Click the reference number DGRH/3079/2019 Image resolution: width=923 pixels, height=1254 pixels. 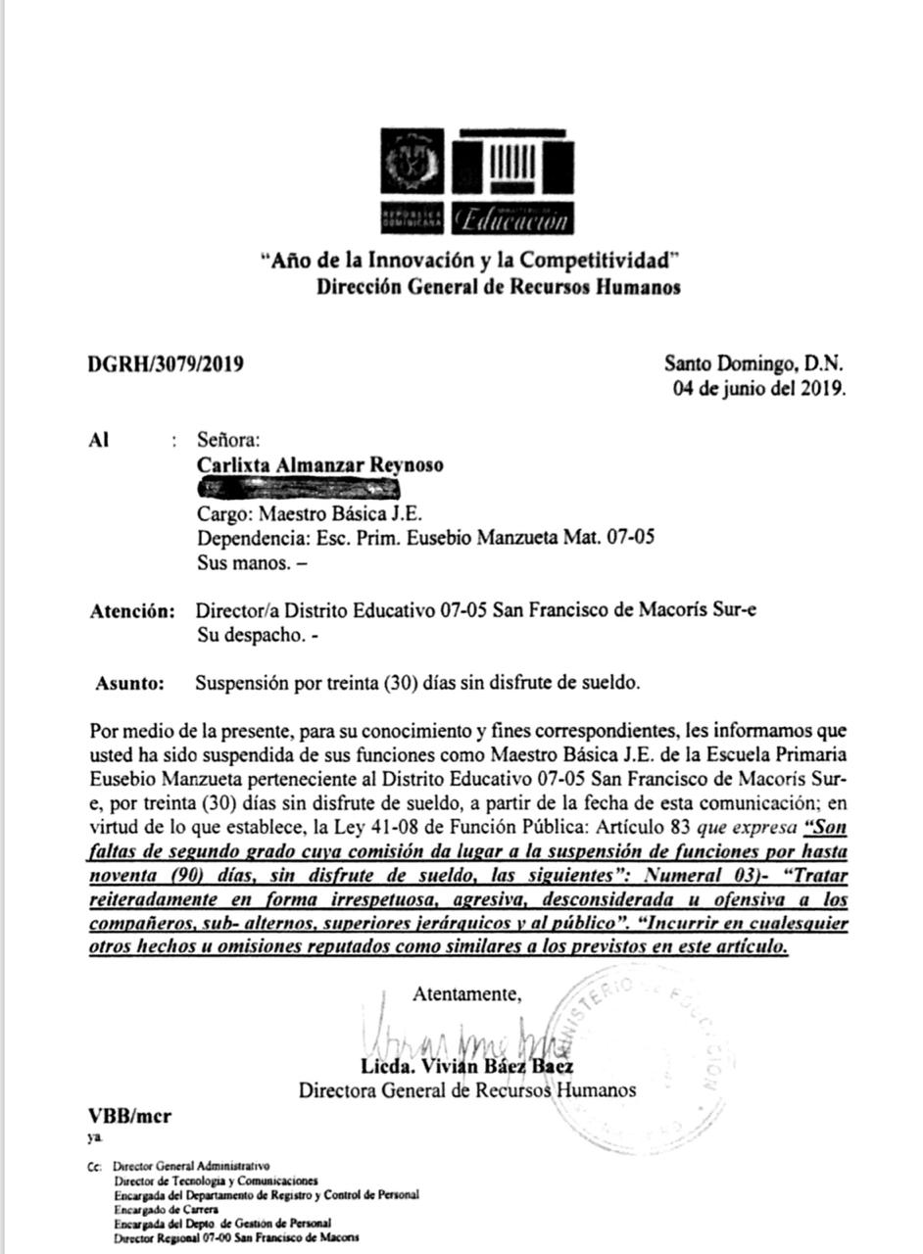point(166,365)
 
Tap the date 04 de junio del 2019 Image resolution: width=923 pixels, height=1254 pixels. point(758,388)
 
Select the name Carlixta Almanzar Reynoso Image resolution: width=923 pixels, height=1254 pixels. point(319,465)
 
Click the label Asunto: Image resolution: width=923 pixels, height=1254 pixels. point(130,684)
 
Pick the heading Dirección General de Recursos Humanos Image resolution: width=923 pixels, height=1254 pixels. point(498,287)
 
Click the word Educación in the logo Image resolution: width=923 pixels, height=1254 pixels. point(512,218)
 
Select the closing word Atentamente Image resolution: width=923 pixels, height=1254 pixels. point(466,993)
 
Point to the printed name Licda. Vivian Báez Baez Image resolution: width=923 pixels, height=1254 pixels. point(467,1067)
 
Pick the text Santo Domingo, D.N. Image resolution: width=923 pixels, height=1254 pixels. point(753,363)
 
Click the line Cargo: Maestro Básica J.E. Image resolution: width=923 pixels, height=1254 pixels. point(310,513)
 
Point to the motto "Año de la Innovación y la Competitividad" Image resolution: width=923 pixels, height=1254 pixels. point(469,261)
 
